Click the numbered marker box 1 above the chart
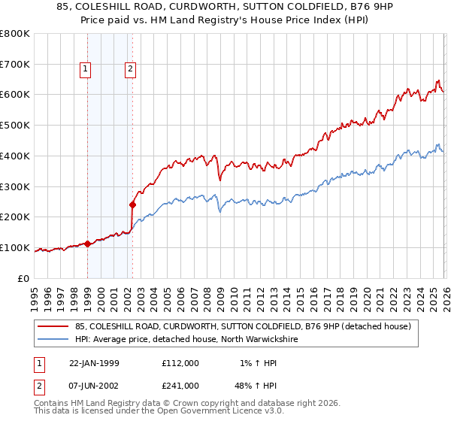tap(86, 70)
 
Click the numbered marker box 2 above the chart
tap(131, 70)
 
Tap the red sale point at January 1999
tap(87, 244)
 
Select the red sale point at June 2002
tap(132, 204)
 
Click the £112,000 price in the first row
tap(180, 362)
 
